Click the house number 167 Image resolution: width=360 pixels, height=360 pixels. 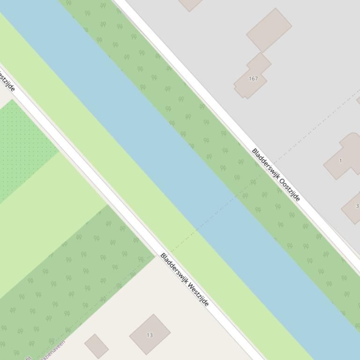[253, 79]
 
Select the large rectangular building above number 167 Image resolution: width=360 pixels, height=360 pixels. [269, 29]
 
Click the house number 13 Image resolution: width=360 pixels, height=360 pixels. [150, 335]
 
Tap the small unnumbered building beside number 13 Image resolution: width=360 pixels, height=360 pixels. [96, 346]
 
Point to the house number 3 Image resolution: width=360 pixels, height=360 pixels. [357, 206]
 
